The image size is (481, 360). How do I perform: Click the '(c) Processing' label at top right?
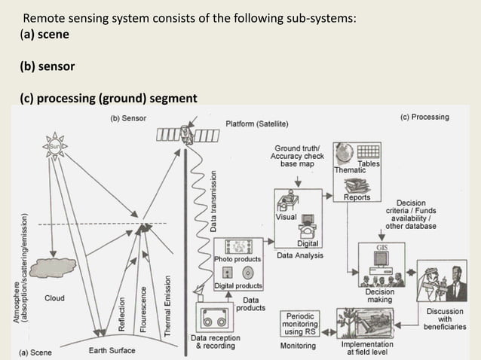click(x=424, y=117)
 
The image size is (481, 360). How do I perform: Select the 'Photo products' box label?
click(x=238, y=258)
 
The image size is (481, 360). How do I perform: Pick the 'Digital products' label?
click(x=238, y=285)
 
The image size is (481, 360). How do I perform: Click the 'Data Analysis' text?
click(x=300, y=255)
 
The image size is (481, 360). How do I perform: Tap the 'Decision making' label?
click(x=379, y=296)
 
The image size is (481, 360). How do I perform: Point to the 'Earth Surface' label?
click(x=112, y=350)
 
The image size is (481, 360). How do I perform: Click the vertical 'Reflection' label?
click(x=121, y=313)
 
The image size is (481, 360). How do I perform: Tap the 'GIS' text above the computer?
click(x=382, y=246)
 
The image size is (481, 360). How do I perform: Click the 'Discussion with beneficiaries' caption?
click(x=445, y=319)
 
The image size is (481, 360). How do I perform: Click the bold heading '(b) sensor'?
click(x=47, y=66)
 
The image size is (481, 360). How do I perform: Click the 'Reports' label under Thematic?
click(x=357, y=197)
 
